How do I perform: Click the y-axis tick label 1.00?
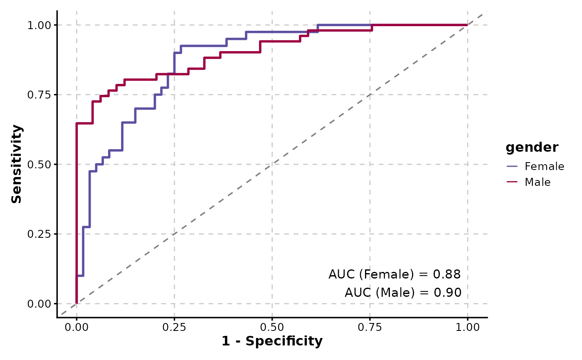[x=39, y=25]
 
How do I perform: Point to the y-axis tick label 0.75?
[x=39, y=95]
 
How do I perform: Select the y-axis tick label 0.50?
[x=39, y=164]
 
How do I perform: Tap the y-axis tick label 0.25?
[x=39, y=234]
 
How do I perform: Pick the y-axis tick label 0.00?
[x=39, y=304]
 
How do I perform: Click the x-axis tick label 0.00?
[x=76, y=328]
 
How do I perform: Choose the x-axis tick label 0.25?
[x=174, y=328]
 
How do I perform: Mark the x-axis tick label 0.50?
[x=272, y=328]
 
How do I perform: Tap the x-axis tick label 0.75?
[x=370, y=328]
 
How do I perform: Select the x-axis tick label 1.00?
[x=467, y=328]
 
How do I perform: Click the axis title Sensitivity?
[x=17, y=164]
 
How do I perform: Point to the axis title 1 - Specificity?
[x=272, y=342]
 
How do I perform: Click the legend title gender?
[x=532, y=147]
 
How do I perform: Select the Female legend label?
[x=545, y=167]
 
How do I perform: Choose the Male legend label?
[x=538, y=182]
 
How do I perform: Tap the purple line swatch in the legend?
[x=512, y=167]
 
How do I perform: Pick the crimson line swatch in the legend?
[x=512, y=182]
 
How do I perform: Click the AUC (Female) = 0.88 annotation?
[x=395, y=274]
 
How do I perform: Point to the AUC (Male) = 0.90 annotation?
[x=403, y=293]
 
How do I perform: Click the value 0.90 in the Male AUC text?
[x=447, y=293]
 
